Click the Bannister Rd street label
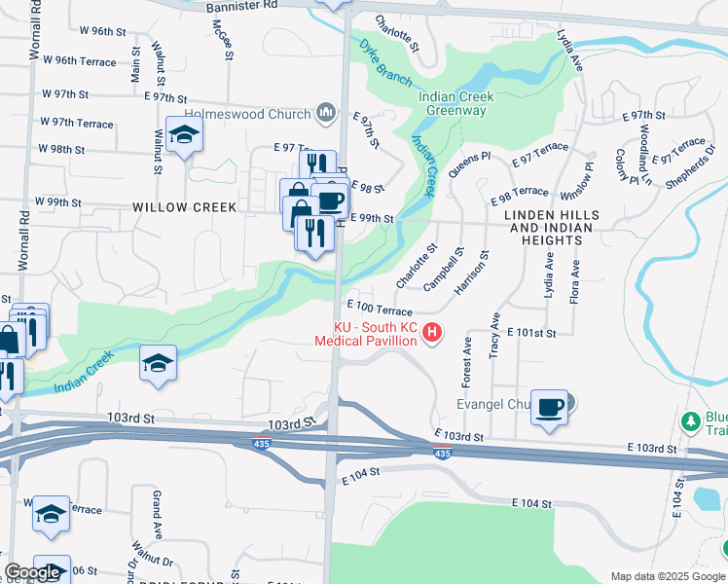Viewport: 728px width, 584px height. coord(242,6)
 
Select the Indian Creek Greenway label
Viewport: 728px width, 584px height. coord(455,103)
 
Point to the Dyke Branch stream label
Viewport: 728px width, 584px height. coord(384,61)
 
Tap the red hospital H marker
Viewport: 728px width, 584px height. coord(431,335)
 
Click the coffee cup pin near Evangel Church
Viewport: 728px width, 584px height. coord(550,406)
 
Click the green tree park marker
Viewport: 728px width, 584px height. coord(691,421)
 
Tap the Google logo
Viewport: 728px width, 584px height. coord(32,572)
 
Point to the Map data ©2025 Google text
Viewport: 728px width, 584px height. coord(668,576)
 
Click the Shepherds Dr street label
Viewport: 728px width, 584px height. coord(690,166)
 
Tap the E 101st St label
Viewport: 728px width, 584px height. coord(531,333)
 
